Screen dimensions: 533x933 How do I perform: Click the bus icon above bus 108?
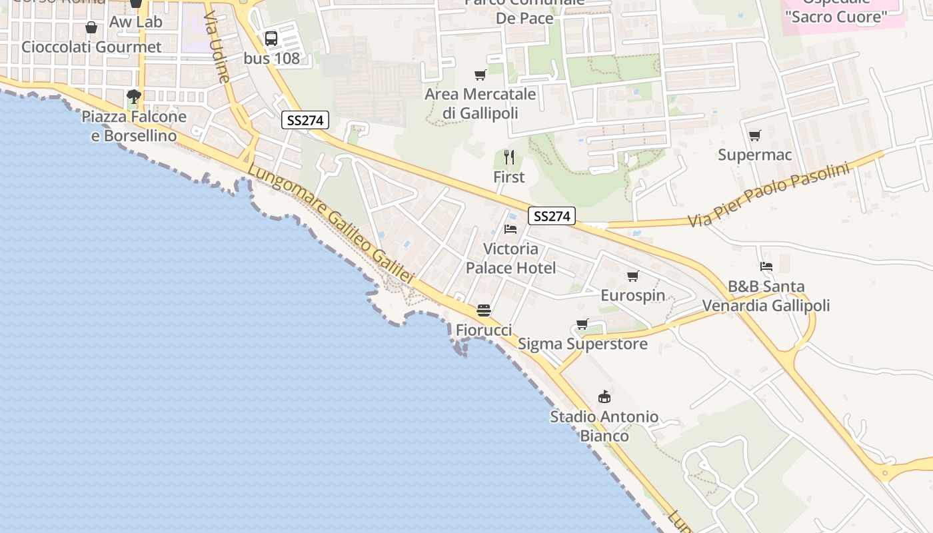click(x=271, y=39)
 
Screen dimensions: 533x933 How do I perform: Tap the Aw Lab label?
click(x=136, y=22)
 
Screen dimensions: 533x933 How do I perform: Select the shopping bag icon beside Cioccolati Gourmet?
click(x=91, y=27)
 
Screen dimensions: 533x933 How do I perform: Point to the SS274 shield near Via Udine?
click(x=305, y=121)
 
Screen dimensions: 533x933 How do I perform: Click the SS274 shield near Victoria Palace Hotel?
click(x=552, y=217)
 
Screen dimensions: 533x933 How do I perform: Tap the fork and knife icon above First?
click(x=509, y=157)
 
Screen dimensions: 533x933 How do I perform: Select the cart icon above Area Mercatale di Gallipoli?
click(x=480, y=75)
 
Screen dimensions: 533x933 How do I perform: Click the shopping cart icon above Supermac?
click(x=754, y=136)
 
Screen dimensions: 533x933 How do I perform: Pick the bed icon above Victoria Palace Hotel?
click(x=510, y=229)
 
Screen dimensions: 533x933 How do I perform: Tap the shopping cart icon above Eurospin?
click(x=632, y=276)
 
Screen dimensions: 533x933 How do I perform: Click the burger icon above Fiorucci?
click(x=484, y=310)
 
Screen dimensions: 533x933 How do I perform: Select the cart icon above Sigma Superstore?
click(x=582, y=324)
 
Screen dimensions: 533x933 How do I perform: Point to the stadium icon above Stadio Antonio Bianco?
click(x=604, y=397)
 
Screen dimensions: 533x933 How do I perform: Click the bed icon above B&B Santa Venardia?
click(x=766, y=266)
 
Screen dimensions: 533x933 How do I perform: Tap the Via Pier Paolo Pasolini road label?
click(x=770, y=195)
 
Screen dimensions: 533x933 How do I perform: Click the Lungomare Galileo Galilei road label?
click(x=331, y=225)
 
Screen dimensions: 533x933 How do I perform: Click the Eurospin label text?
click(x=632, y=296)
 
